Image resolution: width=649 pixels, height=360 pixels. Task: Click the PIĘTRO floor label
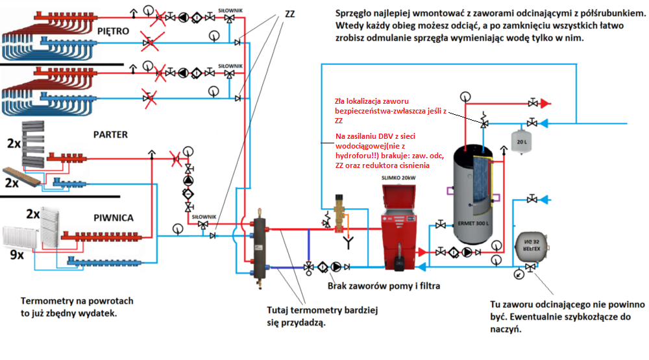[x=114, y=31]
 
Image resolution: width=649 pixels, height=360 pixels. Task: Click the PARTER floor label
[x=110, y=135]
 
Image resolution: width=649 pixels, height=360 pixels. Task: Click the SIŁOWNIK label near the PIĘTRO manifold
[x=230, y=10]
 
